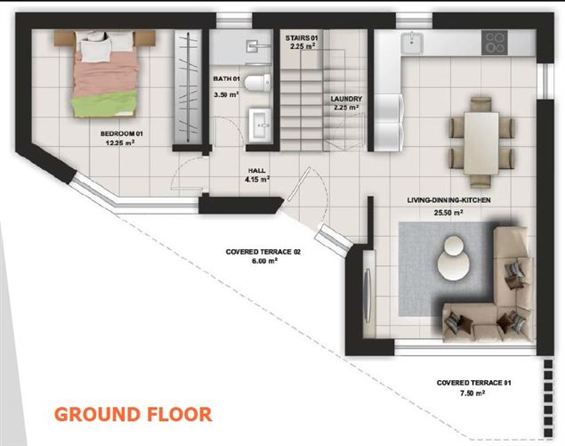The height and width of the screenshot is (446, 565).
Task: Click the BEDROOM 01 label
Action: (x=122, y=134)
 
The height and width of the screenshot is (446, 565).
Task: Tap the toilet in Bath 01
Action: (x=257, y=83)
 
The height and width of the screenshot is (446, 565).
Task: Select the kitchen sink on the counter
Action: (x=411, y=43)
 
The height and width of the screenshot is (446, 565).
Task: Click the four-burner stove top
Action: (x=495, y=43)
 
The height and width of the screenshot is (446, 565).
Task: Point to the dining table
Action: (x=481, y=143)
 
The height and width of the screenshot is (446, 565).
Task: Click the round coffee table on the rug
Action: (x=453, y=258)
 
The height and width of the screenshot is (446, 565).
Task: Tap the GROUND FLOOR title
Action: (x=133, y=414)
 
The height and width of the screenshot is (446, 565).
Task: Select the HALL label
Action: (x=257, y=171)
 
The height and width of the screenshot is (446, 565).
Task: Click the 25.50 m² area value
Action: (x=448, y=213)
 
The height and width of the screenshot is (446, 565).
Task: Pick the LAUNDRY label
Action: (x=346, y=99)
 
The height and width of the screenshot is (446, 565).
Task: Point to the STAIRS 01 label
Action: (x=302, y=38)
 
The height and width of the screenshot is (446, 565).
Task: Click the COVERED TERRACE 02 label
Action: (x=263, y=252)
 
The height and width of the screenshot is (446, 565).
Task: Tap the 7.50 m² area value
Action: (x=472, y=393)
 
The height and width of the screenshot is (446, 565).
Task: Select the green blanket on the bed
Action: (x=104, y=103)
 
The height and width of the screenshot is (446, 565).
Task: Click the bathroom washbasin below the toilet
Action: (x=260, y=126)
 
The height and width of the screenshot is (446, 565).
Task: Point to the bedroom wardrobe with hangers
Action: (x=188, y=86)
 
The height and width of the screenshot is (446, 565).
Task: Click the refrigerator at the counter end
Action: (x=388, y=122)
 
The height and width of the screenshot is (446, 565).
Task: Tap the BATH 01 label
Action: (x=226, y=78)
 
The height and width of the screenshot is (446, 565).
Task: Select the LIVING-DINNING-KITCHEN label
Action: (x=448, y=200)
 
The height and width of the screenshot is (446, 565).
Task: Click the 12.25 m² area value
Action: (x=120, y=142)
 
